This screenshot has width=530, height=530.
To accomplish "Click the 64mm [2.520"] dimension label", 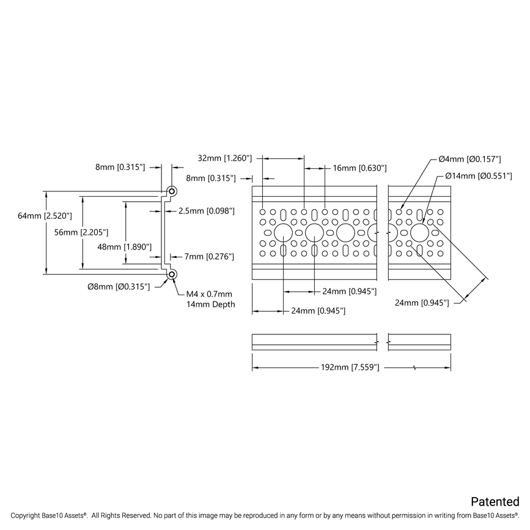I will coord(45,216).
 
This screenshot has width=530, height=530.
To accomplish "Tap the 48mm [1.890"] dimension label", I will coord(125,246).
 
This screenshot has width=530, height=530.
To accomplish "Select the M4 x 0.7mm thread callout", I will coord(210,294).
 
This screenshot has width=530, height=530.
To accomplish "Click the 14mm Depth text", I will coord(210,304).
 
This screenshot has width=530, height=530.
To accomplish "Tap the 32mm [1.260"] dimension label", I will coord(225,158).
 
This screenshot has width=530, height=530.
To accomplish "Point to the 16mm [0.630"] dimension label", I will coord(359,167).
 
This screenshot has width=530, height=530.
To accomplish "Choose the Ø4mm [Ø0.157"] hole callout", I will coord(469,159).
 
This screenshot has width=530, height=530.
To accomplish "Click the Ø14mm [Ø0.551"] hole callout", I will coord(472,176).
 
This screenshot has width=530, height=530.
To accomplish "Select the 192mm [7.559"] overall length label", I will coord(350,368).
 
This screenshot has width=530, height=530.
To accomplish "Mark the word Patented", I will coord(495,502).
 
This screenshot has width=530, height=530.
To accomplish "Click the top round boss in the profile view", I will coord(172,191).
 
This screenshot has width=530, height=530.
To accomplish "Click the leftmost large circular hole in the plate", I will coord(283,232).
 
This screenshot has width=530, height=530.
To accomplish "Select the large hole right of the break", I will coord(419,232).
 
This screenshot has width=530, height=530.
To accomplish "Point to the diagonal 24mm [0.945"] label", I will coord(422,302).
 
